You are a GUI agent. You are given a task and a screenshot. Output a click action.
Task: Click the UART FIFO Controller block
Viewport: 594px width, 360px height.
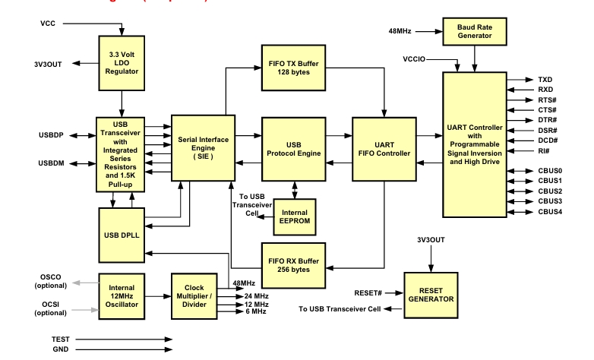click(x=383, y=147)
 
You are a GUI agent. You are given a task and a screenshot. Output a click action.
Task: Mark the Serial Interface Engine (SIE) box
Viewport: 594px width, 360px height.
click(x=200, y=147)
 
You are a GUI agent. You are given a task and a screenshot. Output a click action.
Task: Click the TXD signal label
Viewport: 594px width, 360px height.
click(x=545, y=79)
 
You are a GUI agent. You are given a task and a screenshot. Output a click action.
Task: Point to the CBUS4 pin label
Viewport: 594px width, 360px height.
click(x=551, y=212)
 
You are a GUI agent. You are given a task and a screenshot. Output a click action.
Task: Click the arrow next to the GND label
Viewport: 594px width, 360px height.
click(x=114, y=351)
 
